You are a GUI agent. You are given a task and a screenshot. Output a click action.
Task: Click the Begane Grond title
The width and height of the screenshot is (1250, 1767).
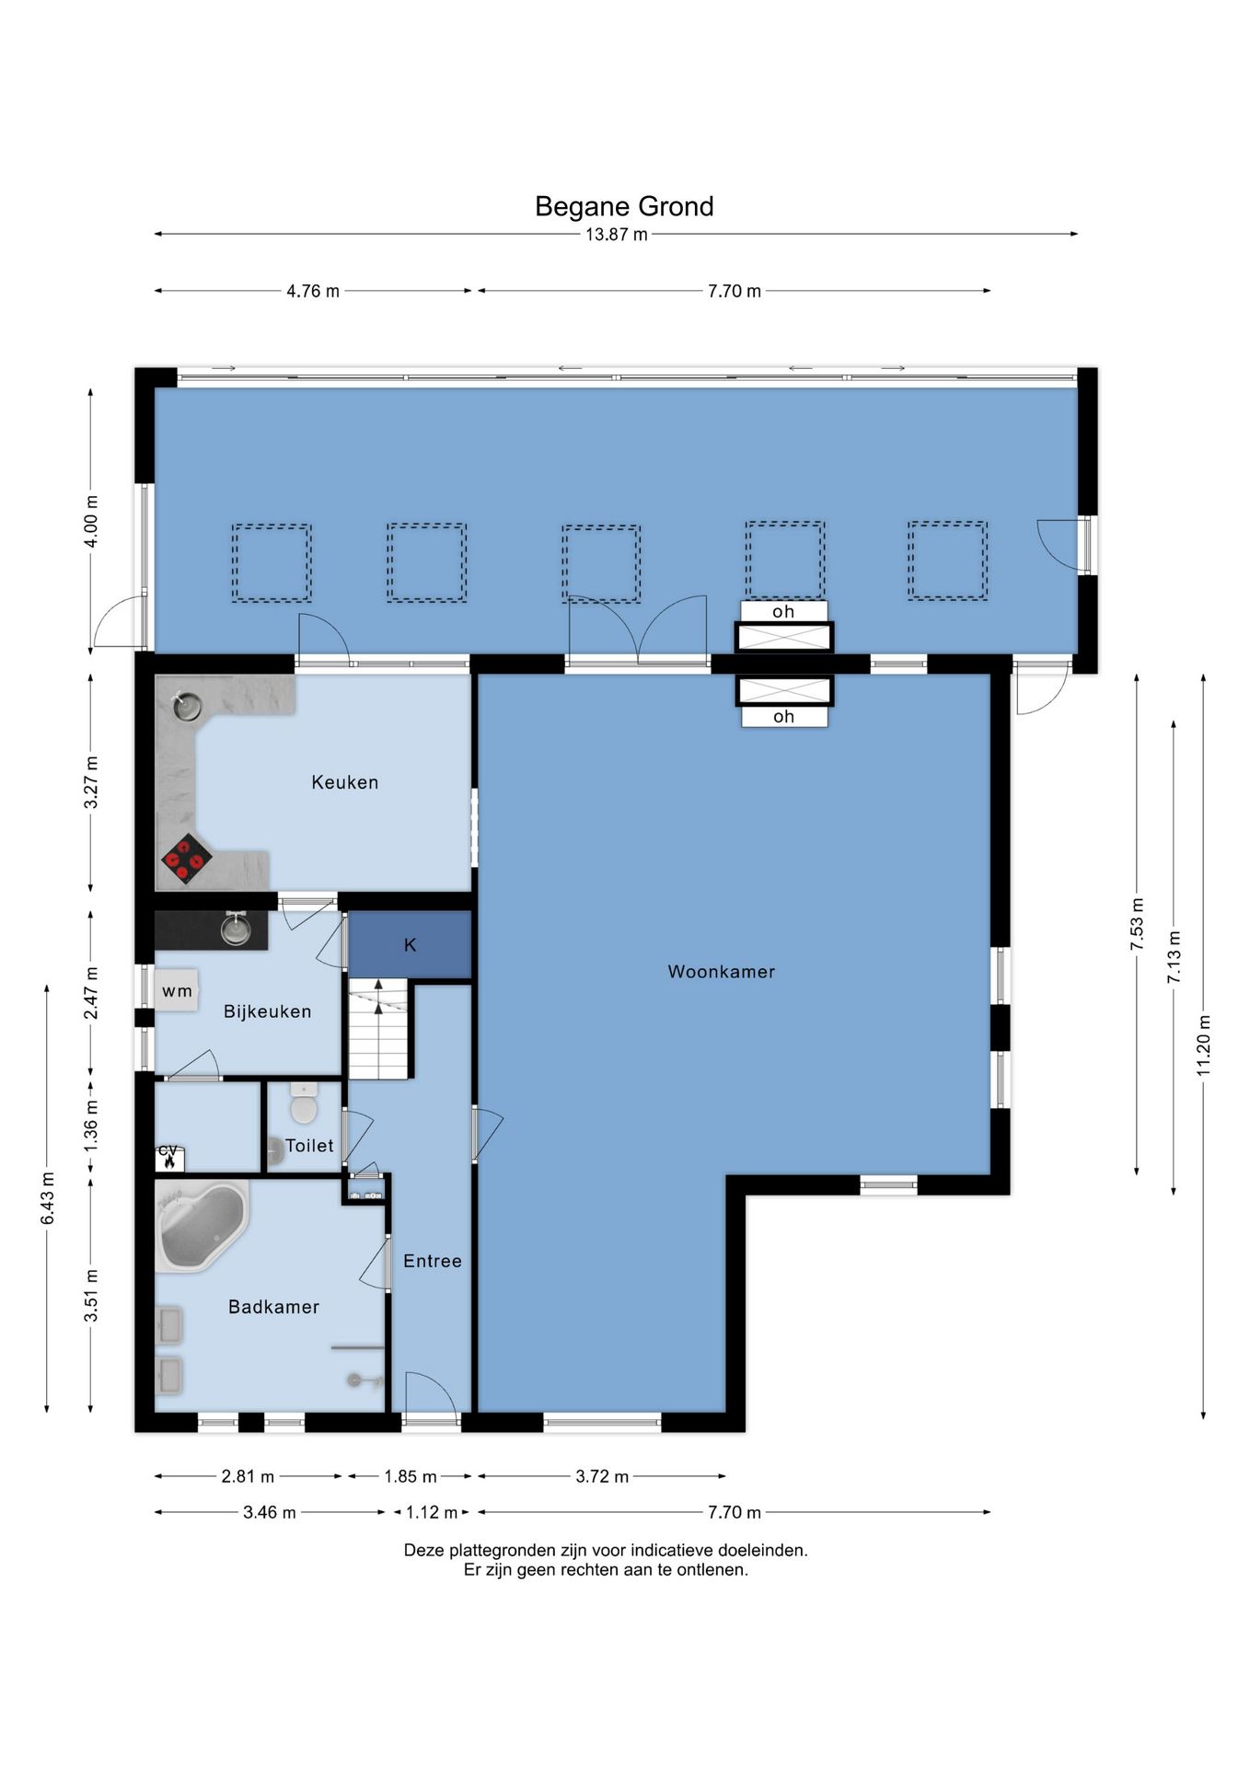pos(624,206)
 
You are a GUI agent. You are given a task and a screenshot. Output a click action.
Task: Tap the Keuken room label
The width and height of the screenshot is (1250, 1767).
pos(344,782)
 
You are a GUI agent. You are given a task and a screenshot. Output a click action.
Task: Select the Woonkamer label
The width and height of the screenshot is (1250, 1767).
pos(722,971)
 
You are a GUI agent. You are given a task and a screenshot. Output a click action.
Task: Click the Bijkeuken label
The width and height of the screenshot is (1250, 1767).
pos(267,1011)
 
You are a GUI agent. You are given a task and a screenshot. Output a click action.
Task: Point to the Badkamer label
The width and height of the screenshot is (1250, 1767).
pos(273,1307)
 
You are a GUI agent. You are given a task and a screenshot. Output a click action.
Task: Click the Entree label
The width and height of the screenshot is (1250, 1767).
pos(433,1261)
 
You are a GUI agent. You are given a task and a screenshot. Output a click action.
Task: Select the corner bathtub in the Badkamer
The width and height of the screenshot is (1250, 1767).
pos(203,1227)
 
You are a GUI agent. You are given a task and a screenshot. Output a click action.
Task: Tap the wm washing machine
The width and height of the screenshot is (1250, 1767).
pos(177,990)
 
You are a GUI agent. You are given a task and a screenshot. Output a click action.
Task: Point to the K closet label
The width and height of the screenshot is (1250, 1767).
pos(411,945)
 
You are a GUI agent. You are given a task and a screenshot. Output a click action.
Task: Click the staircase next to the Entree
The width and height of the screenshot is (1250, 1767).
pos(378,1028)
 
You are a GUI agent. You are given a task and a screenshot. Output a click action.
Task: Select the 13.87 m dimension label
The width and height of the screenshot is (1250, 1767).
pos(617,235)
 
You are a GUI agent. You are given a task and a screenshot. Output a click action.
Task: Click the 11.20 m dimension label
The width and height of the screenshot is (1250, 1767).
pos(1203,1045)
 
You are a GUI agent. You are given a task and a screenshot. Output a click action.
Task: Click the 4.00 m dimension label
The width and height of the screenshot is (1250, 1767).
pos(91,521)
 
